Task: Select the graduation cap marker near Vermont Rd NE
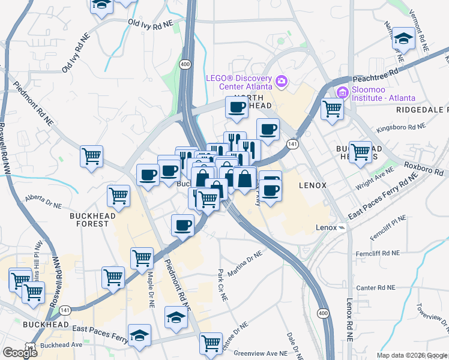(x=403, y=39)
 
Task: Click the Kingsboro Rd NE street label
(x=400, y=127)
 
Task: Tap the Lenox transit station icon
(x=342, y=227)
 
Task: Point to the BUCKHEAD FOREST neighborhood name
(x=89, y=220)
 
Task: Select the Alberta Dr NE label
(x=43, y=201)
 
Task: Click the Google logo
(x=19, y=353)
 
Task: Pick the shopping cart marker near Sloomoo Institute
(x=331, y=109)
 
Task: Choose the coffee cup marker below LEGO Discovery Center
(x=237, y=107)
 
